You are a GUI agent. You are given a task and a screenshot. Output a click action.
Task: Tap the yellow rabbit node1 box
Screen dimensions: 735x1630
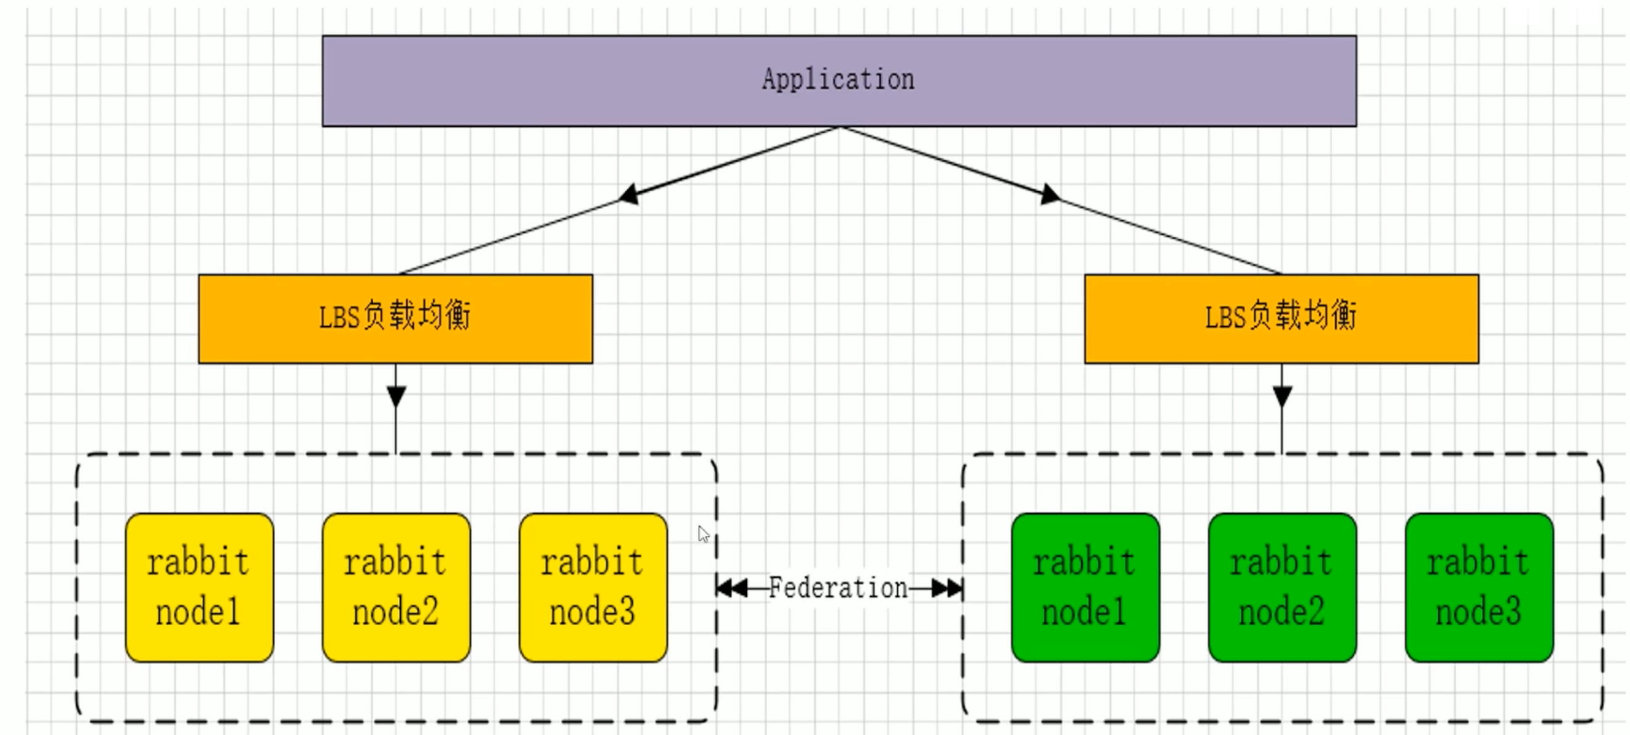coord(199,587)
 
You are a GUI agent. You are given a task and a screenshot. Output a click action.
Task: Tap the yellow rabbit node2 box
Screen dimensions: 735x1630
coord(396,587)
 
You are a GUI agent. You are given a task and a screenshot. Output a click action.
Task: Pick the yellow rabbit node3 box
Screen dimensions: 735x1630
coord(593,587)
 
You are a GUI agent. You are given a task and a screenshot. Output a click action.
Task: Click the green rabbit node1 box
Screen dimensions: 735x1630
coord(1085,587)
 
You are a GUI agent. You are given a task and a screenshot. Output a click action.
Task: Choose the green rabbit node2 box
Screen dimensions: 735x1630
coord(1282,587)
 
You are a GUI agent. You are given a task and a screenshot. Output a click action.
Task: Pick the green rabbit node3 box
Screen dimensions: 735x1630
coord(1479,587)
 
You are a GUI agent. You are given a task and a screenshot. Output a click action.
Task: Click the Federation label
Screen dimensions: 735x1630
coord(838,588)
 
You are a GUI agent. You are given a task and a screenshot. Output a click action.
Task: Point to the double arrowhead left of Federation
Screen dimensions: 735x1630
coord(733,589)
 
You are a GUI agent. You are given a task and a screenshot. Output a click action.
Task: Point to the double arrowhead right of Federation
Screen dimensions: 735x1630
coord(947,589)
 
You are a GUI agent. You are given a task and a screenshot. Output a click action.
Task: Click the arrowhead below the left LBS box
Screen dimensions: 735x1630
coord(396,396)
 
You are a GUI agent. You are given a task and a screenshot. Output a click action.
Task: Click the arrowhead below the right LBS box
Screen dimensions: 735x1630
coord(1282,396)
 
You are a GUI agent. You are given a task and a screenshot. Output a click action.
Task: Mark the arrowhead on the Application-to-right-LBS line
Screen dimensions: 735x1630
coord(1049,194)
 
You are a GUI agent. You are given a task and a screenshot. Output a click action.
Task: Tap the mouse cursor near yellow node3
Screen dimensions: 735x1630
coord(702,533)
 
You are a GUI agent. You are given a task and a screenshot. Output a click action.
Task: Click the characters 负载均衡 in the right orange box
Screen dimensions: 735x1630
coord(1304,315)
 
